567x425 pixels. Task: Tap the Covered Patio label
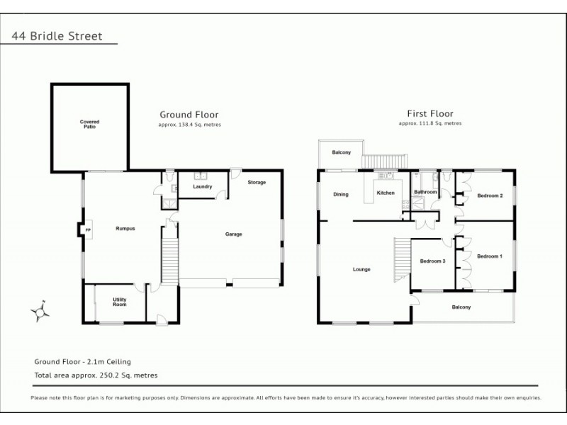click(x=89, y=124)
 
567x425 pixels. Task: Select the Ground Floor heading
click(x=189, y=114)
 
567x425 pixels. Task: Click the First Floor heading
click(x=430, y=113)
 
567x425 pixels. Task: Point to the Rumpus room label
click(x=125, y=228)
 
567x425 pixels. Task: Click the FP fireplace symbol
click(x=88, y=230)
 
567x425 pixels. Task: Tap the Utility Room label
click(x=120, y=302)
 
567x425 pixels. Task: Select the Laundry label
click(x=202, y=186)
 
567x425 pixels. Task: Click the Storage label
click(x=257, y=182)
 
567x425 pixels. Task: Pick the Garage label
click(x=234, y=234)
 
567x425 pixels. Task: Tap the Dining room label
click(x=341, y=194)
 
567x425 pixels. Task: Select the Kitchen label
click(x=385, y=193)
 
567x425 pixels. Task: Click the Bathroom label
click(x=425, y=192)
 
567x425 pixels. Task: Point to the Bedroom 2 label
click(x=490, y=195)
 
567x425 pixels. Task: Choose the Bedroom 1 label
click(x=490, y=256)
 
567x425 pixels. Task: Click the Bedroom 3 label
click(x=432, y=261)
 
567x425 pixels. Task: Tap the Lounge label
click(x=361, y=269)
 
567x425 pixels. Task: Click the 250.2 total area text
click(x=96, y=375)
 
